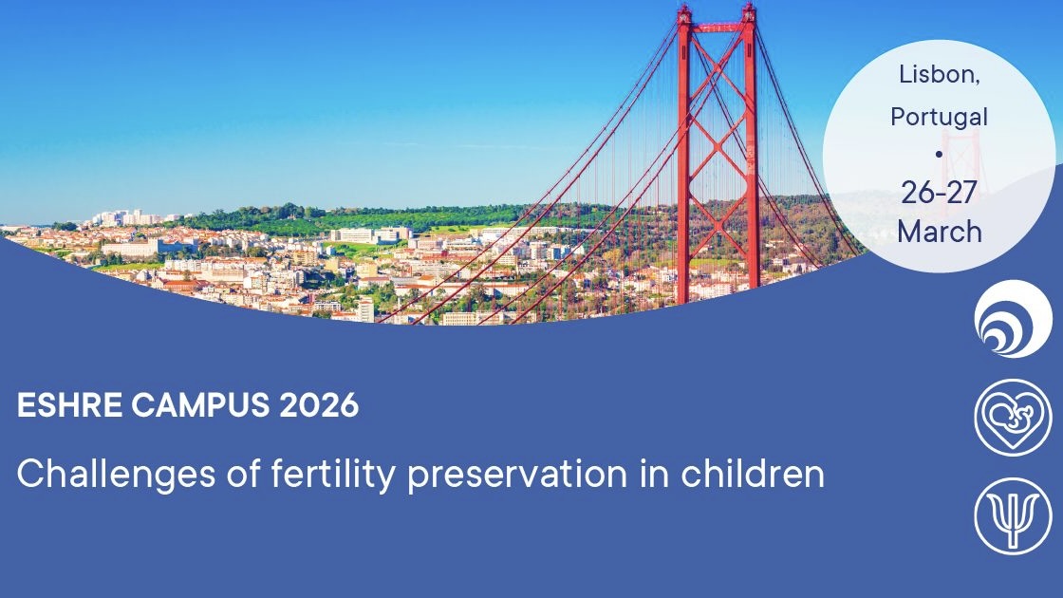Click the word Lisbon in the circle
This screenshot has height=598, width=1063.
(939, 75)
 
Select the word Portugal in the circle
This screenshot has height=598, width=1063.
(939, 117)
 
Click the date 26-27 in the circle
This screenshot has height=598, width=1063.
(939, 192)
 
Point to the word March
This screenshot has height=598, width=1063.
(939, 231)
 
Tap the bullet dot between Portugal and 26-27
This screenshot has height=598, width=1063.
(939, 153)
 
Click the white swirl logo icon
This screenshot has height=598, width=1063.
(1013, 319)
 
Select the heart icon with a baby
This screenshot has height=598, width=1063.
(1013, 417)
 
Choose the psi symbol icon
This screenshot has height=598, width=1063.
(1013, 515)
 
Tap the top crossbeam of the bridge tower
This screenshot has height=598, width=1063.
(718, 25)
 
